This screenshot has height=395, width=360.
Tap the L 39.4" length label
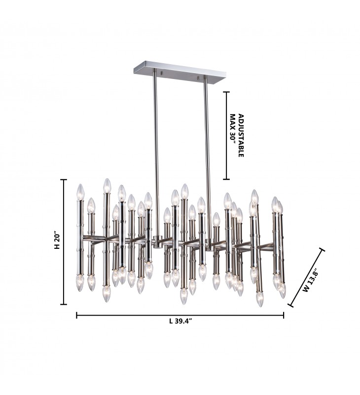180,321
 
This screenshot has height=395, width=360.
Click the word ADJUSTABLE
241,135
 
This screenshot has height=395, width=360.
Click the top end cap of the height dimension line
64,180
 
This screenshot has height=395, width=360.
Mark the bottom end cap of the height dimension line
64,304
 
